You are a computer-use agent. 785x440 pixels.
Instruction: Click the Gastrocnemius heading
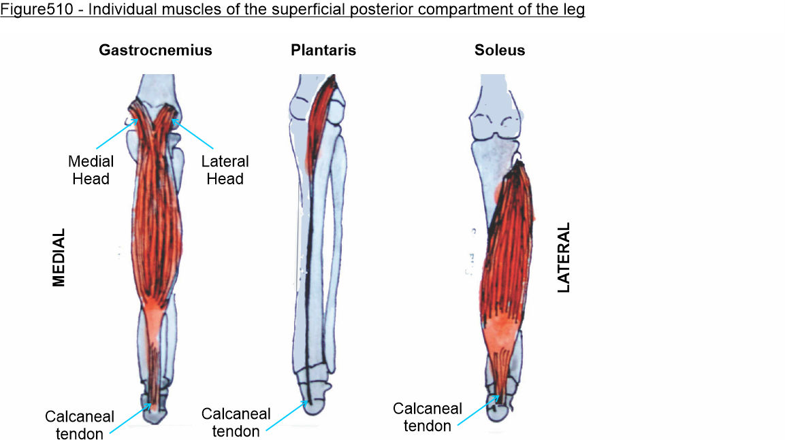(x=155, y=50)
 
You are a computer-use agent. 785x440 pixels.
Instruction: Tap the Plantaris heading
(x=323, y=50)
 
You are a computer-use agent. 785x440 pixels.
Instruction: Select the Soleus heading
(x=500, y=50)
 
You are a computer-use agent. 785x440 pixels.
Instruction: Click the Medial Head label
(x=91, y=171)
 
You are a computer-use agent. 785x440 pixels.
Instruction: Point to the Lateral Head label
(x=225, y=171)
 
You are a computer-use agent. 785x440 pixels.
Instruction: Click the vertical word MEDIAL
(x=59, y=257)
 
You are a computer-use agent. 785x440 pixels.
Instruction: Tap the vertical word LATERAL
(x=563, y=257)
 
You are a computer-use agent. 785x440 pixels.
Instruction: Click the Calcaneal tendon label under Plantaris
(x=236, y=422)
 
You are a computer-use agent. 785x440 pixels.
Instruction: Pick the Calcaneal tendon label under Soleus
(x=428, y=418)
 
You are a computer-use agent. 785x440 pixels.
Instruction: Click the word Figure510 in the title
(x=32, y=12)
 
